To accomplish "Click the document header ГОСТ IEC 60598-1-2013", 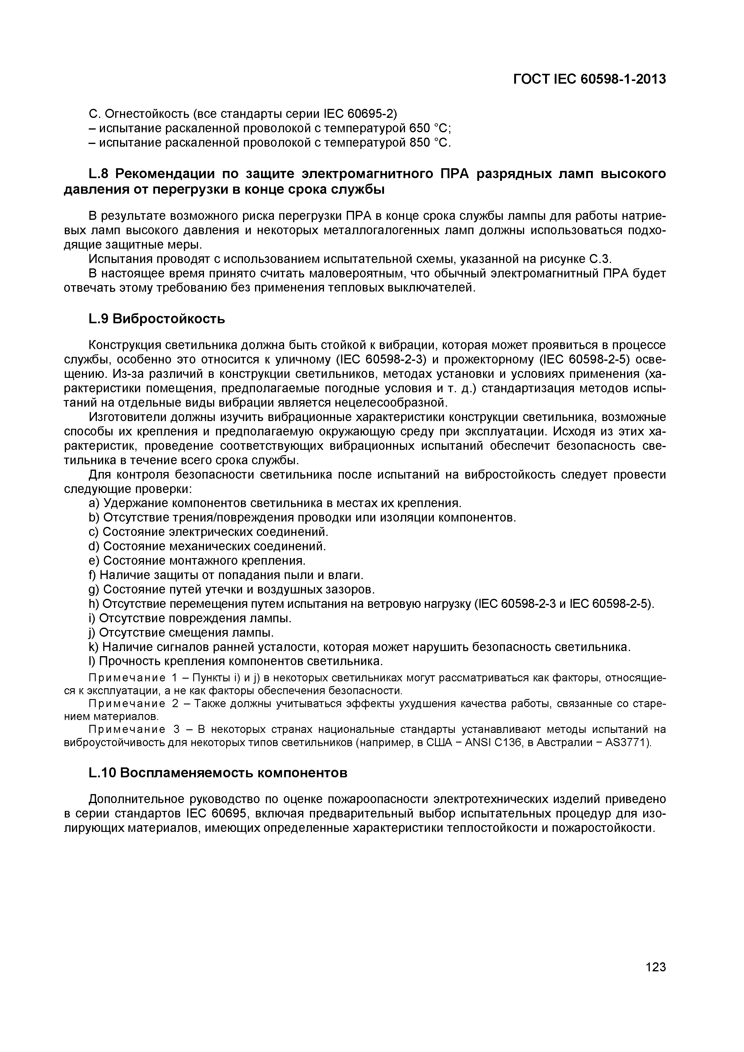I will (x=589, y=79).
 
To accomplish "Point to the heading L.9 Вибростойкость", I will (x=156, y=318).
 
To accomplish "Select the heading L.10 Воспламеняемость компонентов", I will (x=218, y=773).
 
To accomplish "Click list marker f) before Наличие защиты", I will (x=93, y=575).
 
